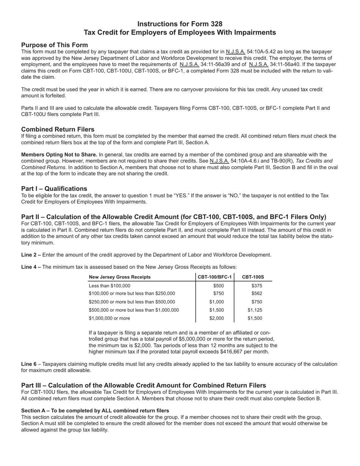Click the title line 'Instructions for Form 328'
180,24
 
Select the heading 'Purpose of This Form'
55,45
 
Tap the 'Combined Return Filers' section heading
58,129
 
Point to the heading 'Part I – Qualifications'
54,188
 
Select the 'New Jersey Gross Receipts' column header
119,277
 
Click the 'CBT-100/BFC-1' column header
214,277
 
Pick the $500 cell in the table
219,286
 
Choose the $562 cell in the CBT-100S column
257,294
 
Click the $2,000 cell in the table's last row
217,318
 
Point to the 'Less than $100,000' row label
110,286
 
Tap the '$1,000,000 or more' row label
109,318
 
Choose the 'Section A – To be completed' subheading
95,411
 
